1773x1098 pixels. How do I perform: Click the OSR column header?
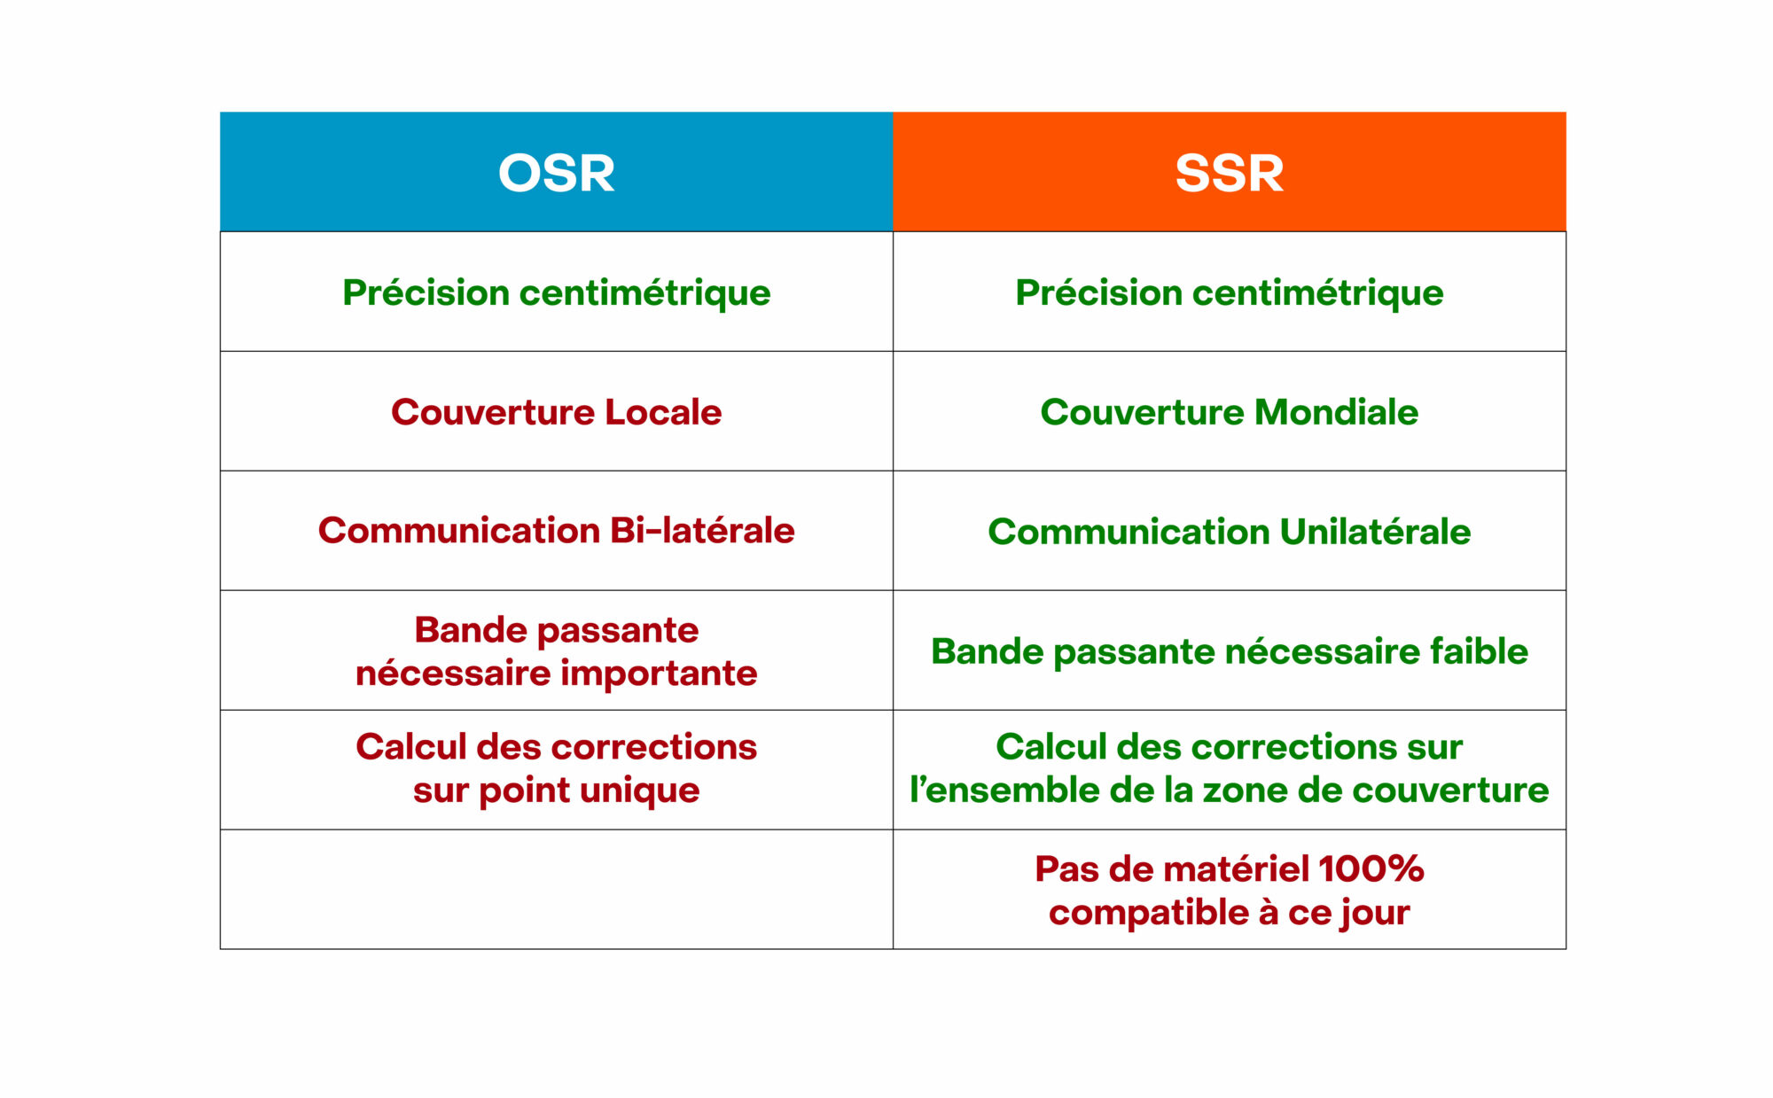click(557, 172)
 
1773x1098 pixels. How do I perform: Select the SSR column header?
click(1230, 172)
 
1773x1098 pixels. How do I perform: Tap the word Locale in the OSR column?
click(663, 412)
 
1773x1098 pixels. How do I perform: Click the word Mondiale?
click(1336, 412)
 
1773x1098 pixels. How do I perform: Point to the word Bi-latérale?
click(702, 531)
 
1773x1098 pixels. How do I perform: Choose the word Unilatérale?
click(1375, 532)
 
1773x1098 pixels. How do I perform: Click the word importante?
click(659, 674)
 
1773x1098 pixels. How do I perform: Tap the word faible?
click(1480, 651)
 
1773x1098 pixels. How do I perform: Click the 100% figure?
click(1371, 869)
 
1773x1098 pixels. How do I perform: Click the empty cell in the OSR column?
click(557, 890)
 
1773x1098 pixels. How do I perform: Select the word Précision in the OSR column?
click(426, 293)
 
